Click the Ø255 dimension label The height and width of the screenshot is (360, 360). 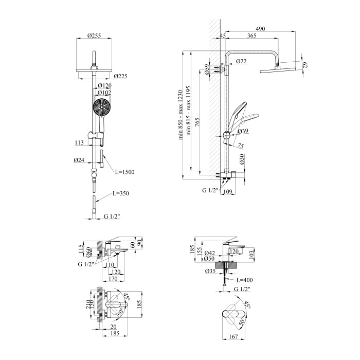[x=94, y=34]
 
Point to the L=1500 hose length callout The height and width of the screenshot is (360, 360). [x=124, y=172]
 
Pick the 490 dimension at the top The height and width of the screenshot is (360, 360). [x=260, y=29]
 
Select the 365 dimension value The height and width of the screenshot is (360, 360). [x=252, y=36]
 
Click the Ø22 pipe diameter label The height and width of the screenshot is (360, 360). [x=241, y=62]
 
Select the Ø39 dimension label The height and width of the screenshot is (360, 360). [x=244, y=131]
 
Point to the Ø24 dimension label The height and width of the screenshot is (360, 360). [x=79, y=160]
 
